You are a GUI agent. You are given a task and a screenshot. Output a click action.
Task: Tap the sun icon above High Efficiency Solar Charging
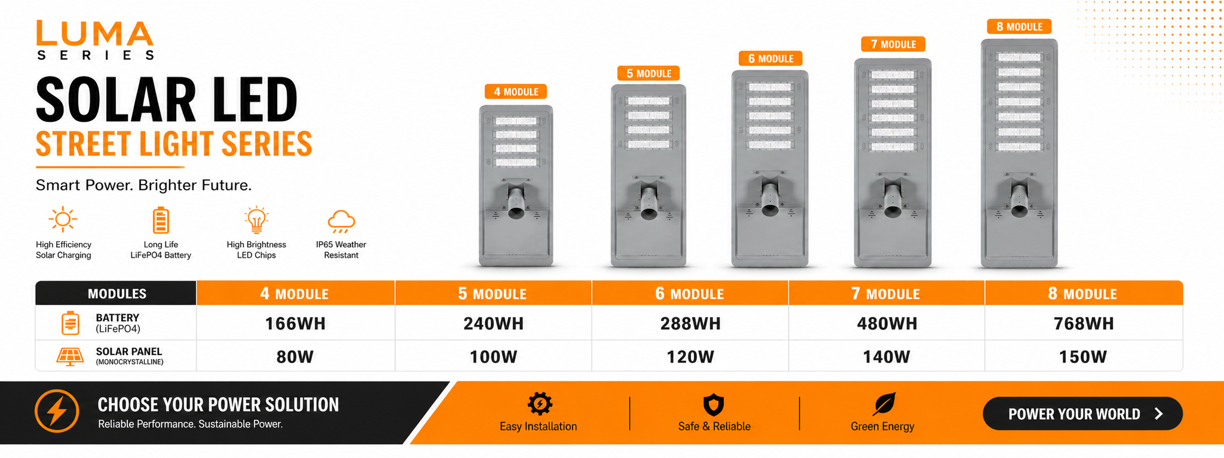(x=63, y=220)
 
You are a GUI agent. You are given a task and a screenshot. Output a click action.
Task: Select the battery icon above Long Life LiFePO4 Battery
(x=161, y=220)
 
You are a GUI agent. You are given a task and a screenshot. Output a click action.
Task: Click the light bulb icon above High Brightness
(x=256, y=220)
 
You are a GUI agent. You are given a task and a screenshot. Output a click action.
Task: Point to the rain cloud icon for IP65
(x=341, y=221)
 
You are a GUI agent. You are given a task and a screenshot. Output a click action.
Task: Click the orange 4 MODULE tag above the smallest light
(x=516, y=92)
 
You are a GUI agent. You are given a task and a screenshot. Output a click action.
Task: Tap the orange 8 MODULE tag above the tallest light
(x=1019, y=27)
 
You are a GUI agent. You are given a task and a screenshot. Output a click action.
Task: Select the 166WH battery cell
(x=295, y=324)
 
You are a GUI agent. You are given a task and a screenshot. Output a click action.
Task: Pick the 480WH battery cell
(x=887, y=324)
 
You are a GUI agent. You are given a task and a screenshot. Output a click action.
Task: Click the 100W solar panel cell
(x=493, y=357)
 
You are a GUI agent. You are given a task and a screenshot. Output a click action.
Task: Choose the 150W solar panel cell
(x=1082, y=357)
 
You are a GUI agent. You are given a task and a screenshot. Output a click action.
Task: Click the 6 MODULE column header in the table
(x=690, y=294)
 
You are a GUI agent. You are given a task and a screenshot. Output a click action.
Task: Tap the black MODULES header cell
(x=116, y=294)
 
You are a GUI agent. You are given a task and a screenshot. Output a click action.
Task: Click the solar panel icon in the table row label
(x=70, y=356)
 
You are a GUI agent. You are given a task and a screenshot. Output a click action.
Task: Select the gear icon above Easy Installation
(x=540, y=404)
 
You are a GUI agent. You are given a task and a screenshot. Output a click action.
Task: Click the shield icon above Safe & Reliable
(x=714, y=405)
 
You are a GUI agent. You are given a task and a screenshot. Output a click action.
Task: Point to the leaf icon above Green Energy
(x=884, y=404)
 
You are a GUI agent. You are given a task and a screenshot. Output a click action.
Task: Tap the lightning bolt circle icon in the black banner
(x=57, y=411)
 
